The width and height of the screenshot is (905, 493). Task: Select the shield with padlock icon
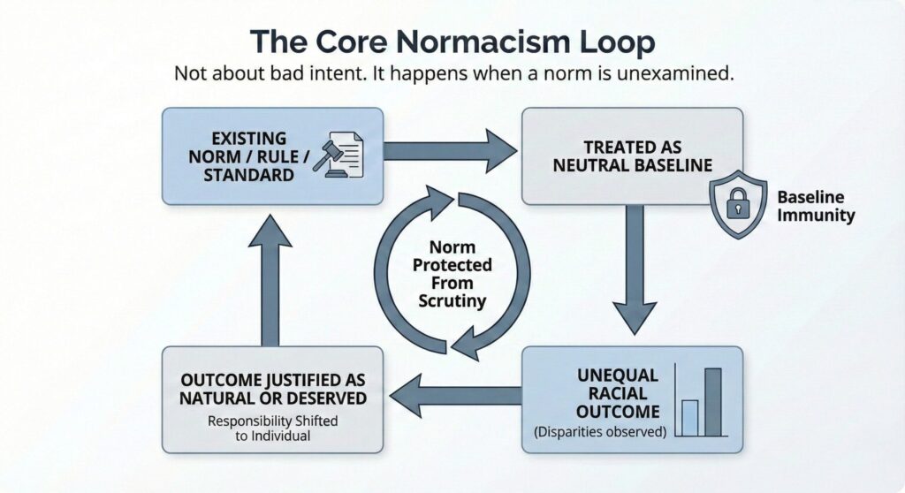click(739, 206)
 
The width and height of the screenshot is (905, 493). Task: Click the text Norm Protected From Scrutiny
click(452, 275)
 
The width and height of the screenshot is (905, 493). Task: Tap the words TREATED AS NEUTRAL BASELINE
click(631, 156)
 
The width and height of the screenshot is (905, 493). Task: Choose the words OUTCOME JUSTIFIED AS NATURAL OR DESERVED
click(272, 390)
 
